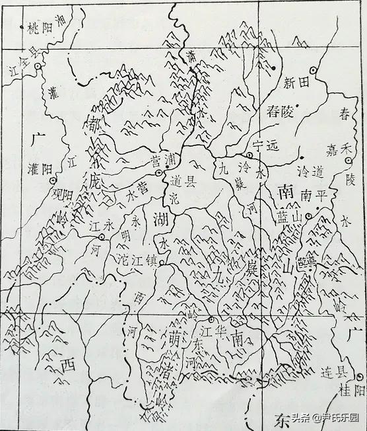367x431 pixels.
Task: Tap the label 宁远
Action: coord(267,144)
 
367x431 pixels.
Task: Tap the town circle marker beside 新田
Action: coord(314,70)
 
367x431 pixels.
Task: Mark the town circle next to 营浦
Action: coord(158,173)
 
